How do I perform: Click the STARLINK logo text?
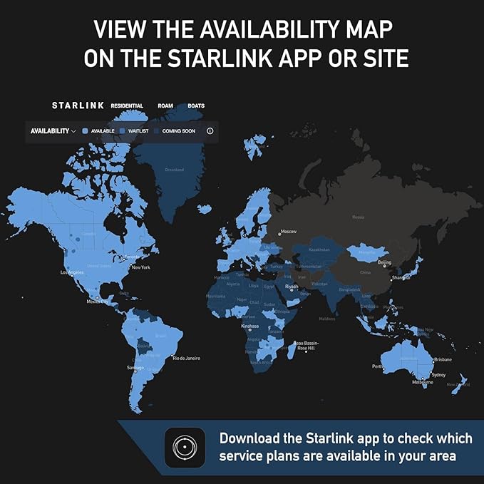click(x=78, y=105)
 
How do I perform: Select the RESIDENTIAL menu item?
click(x=127, y=105)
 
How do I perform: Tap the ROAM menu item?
click(x=165, y=105)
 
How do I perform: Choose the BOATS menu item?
click(x=196, y=105)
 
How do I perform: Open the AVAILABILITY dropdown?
click(x=53, y=131)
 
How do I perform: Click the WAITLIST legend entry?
click(x=134, y=131)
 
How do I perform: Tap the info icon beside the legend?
click(x=210, y=131)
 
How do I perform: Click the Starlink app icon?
click(x=185, y=447)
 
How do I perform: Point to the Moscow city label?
click(x=289, y=232)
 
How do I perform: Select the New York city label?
click(x=140, y=267)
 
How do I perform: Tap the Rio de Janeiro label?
click(x=186, y=357)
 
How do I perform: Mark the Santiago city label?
click(x=135, y=368)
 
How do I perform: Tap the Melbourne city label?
click(x=421, y=383)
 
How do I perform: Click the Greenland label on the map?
click(x=175, y=170)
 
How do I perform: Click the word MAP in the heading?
click(x=368, y=31)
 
